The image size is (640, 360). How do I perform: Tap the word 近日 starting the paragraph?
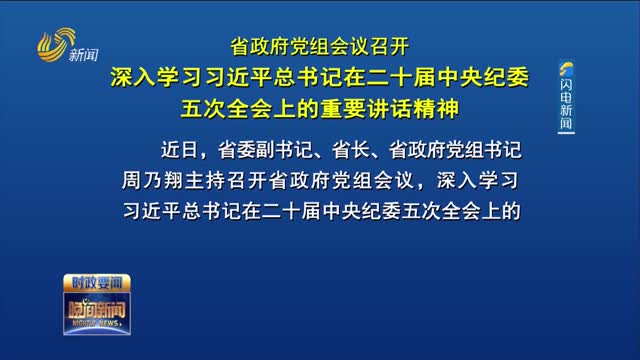coord(180,150)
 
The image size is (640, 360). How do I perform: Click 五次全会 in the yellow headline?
coord(220,104)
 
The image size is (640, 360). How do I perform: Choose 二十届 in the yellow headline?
coord(412,76)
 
